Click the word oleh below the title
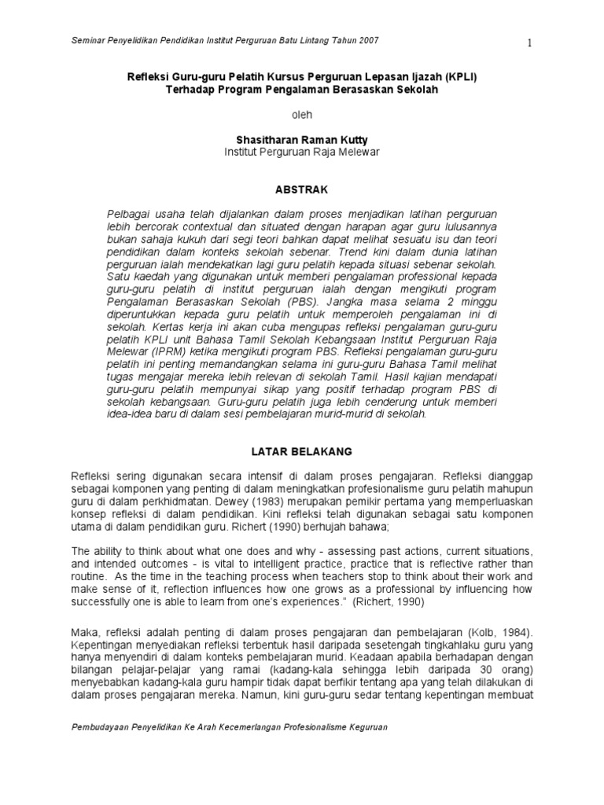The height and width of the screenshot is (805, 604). tap(302, 115)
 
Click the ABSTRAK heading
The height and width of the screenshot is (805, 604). tap(302, 189)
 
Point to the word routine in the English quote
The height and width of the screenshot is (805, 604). tap(90, 576)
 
